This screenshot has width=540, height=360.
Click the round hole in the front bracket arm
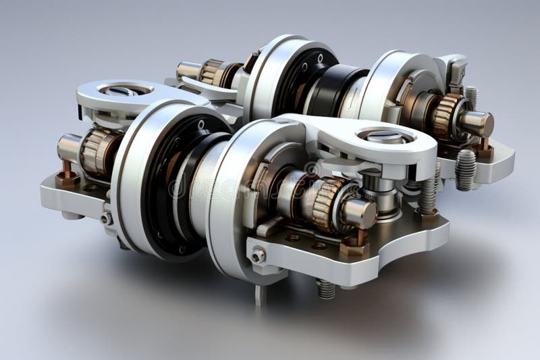[x=385, y=136]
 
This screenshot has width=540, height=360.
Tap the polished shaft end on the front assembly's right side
[x=359, y=213]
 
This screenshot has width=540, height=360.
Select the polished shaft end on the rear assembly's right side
[x=477, y=124]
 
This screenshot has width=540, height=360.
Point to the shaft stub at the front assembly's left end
[x=68, y=147]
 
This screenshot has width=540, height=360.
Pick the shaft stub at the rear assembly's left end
[x=188, y=70]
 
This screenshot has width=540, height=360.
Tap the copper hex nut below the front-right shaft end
[x=355, y=246]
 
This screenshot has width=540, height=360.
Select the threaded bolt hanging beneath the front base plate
[x=326, y=288]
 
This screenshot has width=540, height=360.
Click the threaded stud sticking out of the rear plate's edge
[x=465, y=170]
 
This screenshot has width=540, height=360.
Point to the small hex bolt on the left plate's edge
[x=106, y=218]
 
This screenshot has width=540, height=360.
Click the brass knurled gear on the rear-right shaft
[x=445, y=116]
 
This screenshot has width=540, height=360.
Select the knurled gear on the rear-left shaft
[x=212, y=72]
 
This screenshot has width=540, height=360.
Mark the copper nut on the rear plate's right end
[x=483, y=150]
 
